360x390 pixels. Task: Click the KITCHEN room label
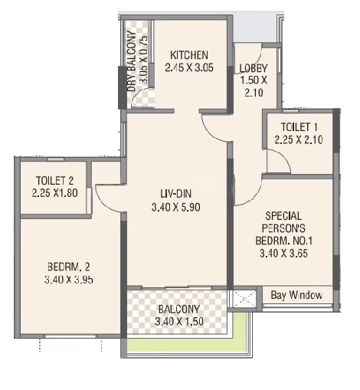[x=189, y=54]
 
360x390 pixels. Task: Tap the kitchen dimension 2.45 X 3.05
[x=189, y=67]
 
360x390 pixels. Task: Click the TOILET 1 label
[x=299, y=127]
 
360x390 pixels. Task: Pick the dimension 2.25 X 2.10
[x=299, y=139]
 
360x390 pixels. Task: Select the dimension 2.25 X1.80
[x=55, y=193]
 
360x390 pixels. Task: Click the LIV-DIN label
[x=175, y=193]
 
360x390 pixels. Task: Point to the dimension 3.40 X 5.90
[x=175, y=206]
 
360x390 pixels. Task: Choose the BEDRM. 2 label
[x=69, y=267]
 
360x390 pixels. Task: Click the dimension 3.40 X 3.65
[x=283, y=253]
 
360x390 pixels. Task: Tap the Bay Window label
[x=297, y=295]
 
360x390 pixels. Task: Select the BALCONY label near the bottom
[x=177, y=310]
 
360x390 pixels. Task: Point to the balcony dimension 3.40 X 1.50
[x=177, y=322]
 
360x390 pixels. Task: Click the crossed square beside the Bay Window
[x=244, y=297]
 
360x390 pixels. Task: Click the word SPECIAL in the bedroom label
[x=283, y=215]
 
